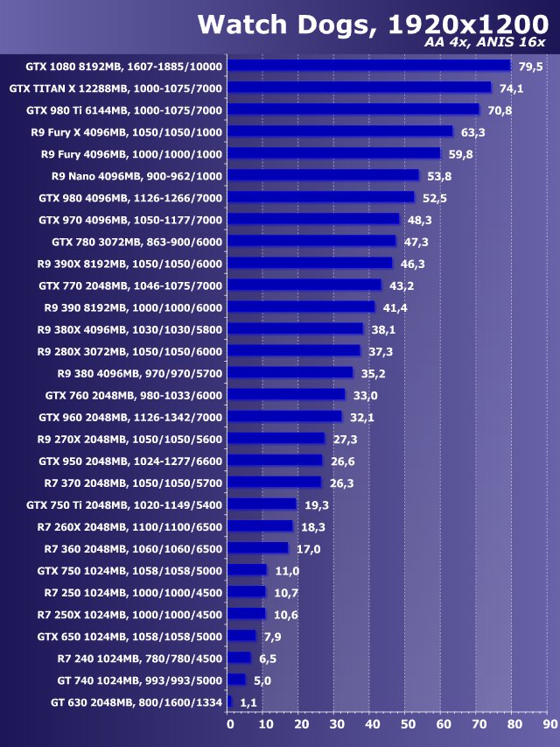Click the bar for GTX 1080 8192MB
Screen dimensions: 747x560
[368, 66]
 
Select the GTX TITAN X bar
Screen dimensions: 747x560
[360, 88]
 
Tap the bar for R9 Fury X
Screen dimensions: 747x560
[340, 131]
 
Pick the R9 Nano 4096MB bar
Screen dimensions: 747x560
[324, 175]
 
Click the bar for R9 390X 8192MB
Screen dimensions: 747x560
[310, 263]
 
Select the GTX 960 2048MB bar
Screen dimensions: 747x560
[285, 417]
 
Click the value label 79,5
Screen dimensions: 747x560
[530, 67]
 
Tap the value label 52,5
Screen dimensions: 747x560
[434, 198]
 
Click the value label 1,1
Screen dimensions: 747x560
[248, 702]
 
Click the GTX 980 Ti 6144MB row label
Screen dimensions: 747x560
[124, 110]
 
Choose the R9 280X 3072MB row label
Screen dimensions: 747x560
[129, 351]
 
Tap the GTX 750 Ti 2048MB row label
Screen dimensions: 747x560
[124, 504]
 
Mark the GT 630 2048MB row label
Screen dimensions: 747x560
[136, 702]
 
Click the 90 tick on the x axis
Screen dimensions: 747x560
[548, 724]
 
